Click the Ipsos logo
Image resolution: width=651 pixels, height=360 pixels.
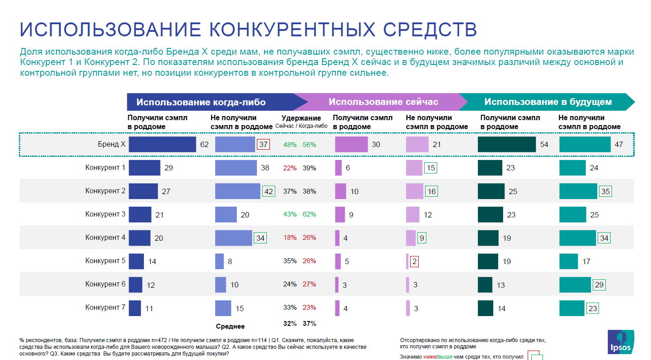point(621,342)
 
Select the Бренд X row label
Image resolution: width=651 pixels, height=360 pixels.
point(112,144)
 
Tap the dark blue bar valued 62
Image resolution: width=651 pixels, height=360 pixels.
point(162,144)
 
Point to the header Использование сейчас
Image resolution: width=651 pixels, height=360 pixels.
point(383,102)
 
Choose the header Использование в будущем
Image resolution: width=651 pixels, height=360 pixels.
point(548,102)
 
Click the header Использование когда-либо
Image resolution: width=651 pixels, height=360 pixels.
point(201,102)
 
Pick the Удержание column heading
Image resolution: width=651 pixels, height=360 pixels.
point(301,118)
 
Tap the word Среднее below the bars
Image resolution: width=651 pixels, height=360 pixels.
point(230,326)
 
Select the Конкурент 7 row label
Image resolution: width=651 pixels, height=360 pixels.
point(105,308)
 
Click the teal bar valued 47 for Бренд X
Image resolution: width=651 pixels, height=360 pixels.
point(585,144)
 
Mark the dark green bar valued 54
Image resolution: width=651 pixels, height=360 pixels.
point(507,144)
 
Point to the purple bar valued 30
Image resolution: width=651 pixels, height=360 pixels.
point(351,144)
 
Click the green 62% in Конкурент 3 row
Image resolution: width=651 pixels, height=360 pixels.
point(309,214)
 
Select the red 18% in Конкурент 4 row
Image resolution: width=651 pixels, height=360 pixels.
point(290,238)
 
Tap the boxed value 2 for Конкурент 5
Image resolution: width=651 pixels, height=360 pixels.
point(414,261)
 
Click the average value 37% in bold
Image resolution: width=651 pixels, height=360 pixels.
point(309,323)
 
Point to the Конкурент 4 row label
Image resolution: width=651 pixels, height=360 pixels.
point(105,238)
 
